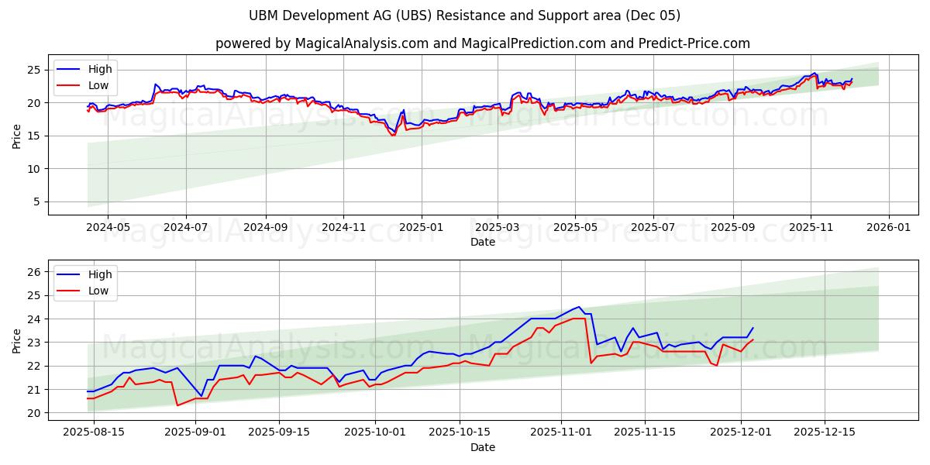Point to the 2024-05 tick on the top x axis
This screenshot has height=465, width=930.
tap(107, 228)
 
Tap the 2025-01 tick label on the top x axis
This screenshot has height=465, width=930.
tap(422, 228)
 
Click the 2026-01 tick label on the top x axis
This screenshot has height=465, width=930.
tap(888, 228)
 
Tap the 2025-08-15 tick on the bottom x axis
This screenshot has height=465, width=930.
tap(94, 432)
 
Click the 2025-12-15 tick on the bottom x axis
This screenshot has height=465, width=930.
tap(824, 432)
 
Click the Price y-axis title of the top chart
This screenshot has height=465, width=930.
tap(17, 136)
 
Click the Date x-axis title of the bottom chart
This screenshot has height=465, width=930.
tap(482, 447)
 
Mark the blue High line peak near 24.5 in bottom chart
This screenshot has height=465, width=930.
tap(578, 307)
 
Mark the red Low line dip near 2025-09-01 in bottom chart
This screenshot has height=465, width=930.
tap(177, 405)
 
